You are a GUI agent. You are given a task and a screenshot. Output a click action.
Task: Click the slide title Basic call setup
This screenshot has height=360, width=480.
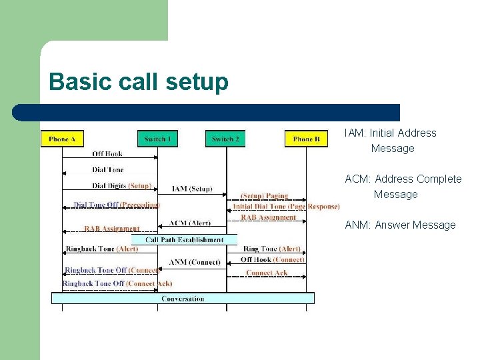pyautogui.click(x=139, y=82)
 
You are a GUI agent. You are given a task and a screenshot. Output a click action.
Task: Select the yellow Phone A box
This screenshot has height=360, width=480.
pyautogui.click(x=63, y=139)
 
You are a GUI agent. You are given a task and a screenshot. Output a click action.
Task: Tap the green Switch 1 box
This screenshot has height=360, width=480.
pyautogui.click(x=158, y=139)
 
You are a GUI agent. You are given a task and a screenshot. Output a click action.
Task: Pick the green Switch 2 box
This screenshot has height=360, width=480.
pyautogui.click(x=225, y=139)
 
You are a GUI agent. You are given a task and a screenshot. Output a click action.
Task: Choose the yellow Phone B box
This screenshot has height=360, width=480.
pyautogui.click(x=307, y=139)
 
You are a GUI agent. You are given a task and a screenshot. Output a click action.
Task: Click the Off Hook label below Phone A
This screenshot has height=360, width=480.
pyautogui.click(x=107, y=153)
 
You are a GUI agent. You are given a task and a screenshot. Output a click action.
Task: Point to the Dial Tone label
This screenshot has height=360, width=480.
pyautogui.click(x=108, y=170)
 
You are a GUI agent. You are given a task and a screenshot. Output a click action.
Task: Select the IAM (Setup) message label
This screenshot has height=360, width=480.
pyautogui.click(x=192, y=189)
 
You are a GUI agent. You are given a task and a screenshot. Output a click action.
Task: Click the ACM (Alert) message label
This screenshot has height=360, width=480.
pyautogui.click(x=189, y=223)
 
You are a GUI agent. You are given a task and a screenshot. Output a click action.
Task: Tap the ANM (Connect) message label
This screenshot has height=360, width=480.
pyautogui.click(x=195, y=262)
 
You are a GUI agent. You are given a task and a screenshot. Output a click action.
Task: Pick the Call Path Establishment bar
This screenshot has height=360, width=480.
pyautogui.click(x=184, y=239)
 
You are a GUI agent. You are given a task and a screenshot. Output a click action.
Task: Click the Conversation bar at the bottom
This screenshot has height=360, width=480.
pyautogui.click(x=183, y=299)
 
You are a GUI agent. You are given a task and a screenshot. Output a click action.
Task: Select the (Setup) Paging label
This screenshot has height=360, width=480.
pyautogui.click(x=265, y=196)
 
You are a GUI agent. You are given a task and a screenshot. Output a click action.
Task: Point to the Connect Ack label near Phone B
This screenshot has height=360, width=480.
pyautogui.click(x=267, y=273)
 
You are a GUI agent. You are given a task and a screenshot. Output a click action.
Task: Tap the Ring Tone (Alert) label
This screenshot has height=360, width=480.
pyautogui.click(x=271, y=249)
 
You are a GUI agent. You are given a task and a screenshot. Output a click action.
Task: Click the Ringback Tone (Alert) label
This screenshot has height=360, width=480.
pyautogui.click(x=102, y=249)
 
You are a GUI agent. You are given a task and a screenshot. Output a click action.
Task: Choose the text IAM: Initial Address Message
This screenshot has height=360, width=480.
pyautogui.click(x=391, y=141)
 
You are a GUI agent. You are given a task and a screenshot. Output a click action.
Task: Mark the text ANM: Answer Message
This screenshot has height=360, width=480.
pyautogui.click(x=400, y=225)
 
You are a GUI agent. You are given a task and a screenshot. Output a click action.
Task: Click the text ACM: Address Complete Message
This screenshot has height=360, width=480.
pyautogui.click(x=403, y=187)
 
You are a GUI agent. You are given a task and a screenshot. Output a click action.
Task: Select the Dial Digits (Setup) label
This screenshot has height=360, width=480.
pyautogui.click(x=122, y=186)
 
